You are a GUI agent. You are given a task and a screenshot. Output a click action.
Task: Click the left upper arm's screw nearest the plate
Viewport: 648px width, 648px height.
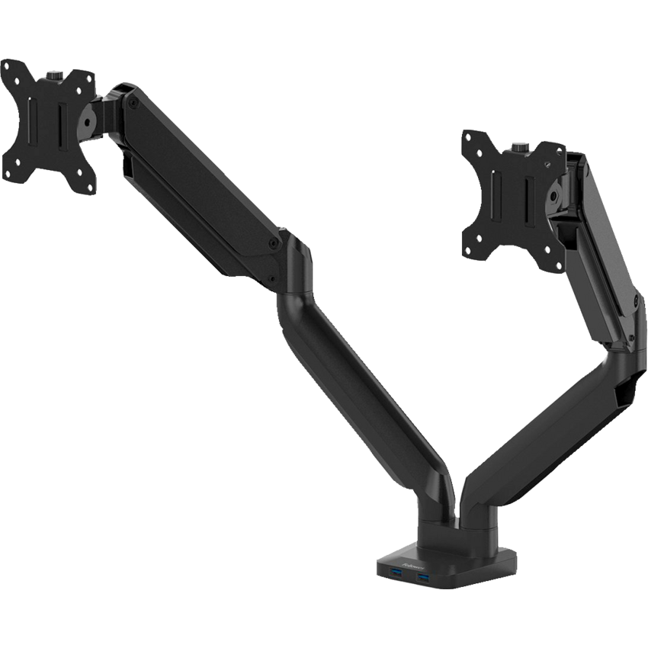[x=134, y=100]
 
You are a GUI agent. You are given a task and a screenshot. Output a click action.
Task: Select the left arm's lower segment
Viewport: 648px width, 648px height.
[x=358, y=381]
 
